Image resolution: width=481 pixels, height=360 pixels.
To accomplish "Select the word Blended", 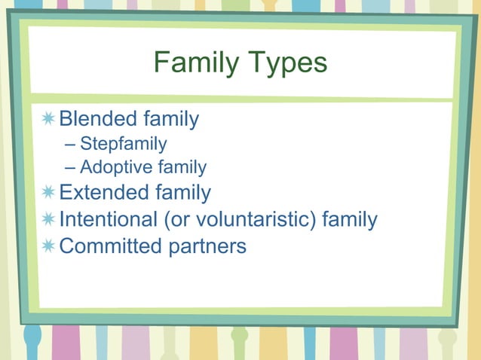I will [x=98, y=119].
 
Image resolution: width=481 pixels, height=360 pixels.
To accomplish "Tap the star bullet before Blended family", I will [x=48, y=119].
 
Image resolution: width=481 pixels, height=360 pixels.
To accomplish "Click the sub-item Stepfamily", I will [x=123, y=143].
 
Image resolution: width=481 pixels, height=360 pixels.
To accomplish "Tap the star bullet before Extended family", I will [x=48, y=193].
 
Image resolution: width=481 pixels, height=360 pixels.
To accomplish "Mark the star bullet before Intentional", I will [x=48, y=220].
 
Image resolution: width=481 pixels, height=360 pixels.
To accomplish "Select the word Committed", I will [x=110, y=246].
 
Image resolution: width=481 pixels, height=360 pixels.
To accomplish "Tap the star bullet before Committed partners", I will [x=48, y=246].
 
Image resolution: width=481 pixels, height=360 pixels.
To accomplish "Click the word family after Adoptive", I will [x=181, y=167].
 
